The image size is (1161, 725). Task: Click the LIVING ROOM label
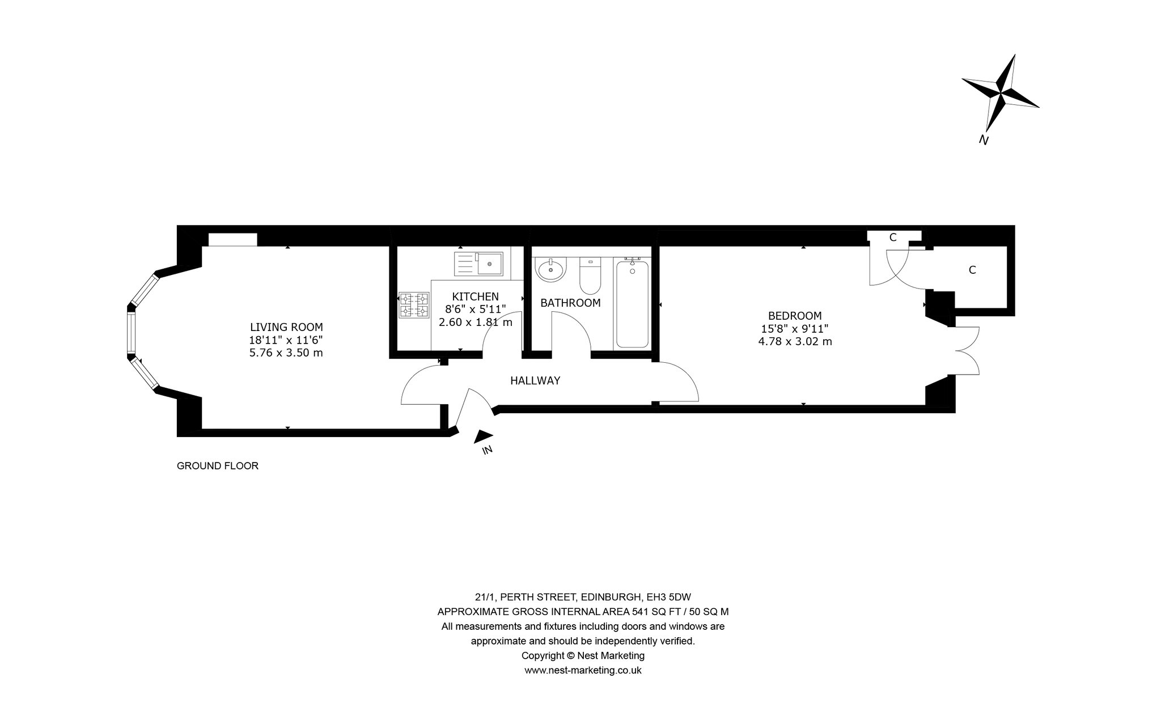[286, 327]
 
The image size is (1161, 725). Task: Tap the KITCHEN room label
[475, 296]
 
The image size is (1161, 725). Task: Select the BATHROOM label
[570, 303]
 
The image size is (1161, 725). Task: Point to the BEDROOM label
[795, 316]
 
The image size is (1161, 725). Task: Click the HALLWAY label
[535, 381]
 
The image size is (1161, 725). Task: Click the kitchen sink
[478, 264]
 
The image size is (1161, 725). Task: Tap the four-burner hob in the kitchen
[414, 305]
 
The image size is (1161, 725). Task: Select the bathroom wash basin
[550, 270]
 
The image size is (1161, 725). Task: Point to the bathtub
[632, 302]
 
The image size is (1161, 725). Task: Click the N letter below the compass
[984, 140]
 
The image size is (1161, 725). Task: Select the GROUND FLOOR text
[218, 466]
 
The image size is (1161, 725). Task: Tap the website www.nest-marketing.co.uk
[583, 671]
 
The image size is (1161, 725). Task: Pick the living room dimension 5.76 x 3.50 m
[286, 353]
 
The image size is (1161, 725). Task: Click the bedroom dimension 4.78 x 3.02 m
[795, 341]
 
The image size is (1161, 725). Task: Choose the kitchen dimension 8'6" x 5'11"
[475, 309]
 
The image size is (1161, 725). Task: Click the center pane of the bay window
[132, 333]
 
